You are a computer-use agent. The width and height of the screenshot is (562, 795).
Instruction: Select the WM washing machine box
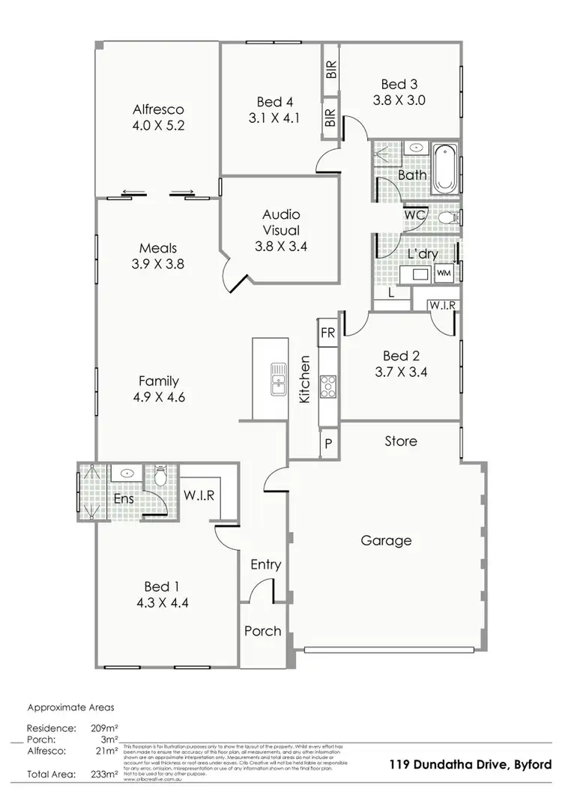(444, 273)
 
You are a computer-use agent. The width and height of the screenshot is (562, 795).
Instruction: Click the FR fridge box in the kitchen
(327, 332)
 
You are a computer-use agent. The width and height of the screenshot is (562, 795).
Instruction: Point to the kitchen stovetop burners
(327, 387)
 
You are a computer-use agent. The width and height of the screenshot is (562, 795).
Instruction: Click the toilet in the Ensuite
(160, 477)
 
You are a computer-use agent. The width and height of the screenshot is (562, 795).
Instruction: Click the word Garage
(387, 540)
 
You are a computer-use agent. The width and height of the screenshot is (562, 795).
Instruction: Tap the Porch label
(263, 632)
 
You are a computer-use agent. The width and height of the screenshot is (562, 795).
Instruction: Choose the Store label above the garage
(401, 441)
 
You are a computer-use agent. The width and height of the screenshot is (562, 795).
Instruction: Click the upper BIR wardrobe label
(330, 70)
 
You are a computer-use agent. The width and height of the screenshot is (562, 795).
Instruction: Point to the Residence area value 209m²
(104, 728)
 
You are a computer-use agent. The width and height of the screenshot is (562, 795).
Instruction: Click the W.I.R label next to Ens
(199, 495)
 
